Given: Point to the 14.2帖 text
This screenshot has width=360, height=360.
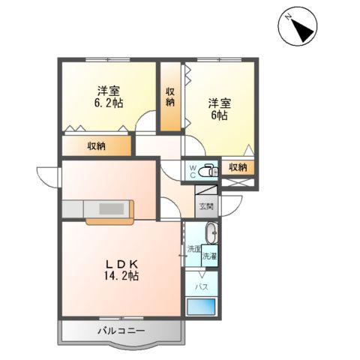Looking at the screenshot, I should pyautogui.click(x=121, y=276).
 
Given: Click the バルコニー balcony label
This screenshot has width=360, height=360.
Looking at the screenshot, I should pyautogui.click(x=119, y=331).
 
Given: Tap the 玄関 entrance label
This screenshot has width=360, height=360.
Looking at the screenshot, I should pyautogui.click(x=205, y=206).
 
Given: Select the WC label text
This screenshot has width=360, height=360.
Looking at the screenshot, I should pyautogui.click(x=192, y=170).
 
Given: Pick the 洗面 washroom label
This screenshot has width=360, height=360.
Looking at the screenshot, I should pyautogui.click(x=193, y=248).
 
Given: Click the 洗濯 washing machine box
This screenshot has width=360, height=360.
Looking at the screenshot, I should pyautogui.click(x=209, y=255).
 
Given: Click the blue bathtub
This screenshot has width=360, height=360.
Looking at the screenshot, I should pyautogui.click(x=201, y=307).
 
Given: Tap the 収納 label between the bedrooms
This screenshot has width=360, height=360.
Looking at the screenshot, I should pyautogui.click(x=171, y=97).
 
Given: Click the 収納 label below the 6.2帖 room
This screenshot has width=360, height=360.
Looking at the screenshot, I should pyautogui.click(x=96, y=145).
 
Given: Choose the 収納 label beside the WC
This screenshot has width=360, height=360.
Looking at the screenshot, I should pyautogui.click(x=238, y=167).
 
